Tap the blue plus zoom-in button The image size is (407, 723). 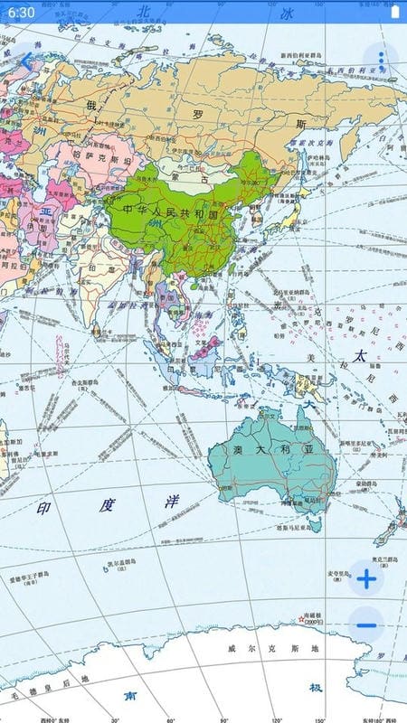(365, 579)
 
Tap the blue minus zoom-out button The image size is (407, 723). (365, 624)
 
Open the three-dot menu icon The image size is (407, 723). (382, 61)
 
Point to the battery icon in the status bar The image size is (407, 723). (394, 13)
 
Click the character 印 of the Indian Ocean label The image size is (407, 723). (43, 509)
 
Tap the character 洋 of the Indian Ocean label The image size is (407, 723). (172, 502)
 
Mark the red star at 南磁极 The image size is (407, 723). (301, 620)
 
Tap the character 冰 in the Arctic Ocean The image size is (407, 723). (287, 14)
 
